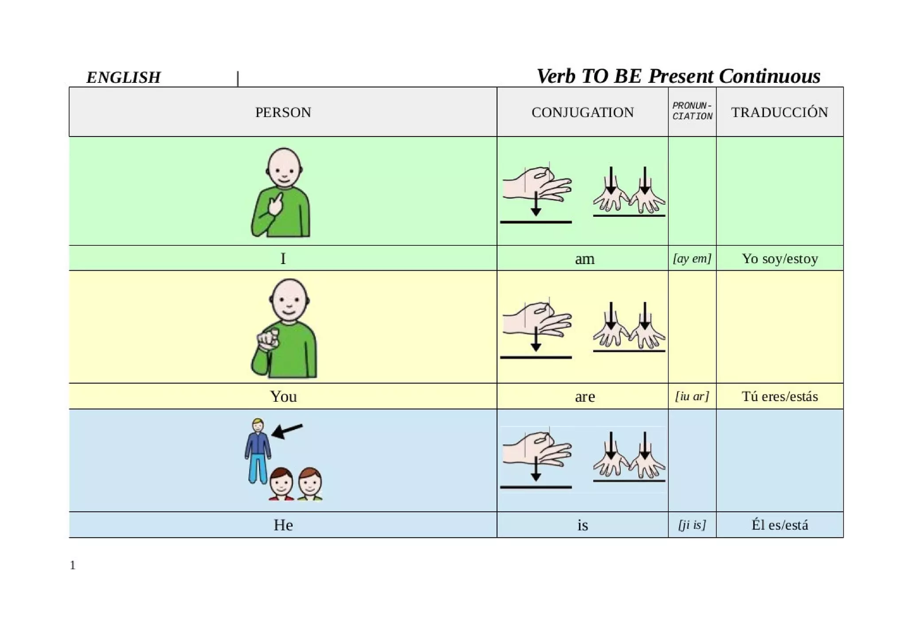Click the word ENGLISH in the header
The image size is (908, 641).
tap(123, 78)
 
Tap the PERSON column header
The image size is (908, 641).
tap(283, 113)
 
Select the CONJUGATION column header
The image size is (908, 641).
tap(582, 113)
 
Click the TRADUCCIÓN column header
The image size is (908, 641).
tap(779, 113)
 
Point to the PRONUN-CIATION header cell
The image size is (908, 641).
tap(692, 111)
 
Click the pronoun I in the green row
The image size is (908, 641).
tap(283, 259)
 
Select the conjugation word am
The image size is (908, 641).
tap(584, 259)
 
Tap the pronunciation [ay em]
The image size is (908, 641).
tap(692, 258)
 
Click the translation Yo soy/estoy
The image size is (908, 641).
tap(779, 259)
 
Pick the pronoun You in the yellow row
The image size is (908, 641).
tap(283, 396)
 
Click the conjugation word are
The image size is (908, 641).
tap(584, 396)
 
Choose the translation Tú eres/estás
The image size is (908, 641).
tap(779, 396)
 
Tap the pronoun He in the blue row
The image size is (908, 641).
tap(283, 525)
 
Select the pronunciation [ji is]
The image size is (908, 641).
tap(692, 525)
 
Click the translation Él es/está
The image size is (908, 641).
tap(779, 525)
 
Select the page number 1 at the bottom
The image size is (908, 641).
tap(73, 565)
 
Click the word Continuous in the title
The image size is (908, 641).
tap(769, 76)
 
